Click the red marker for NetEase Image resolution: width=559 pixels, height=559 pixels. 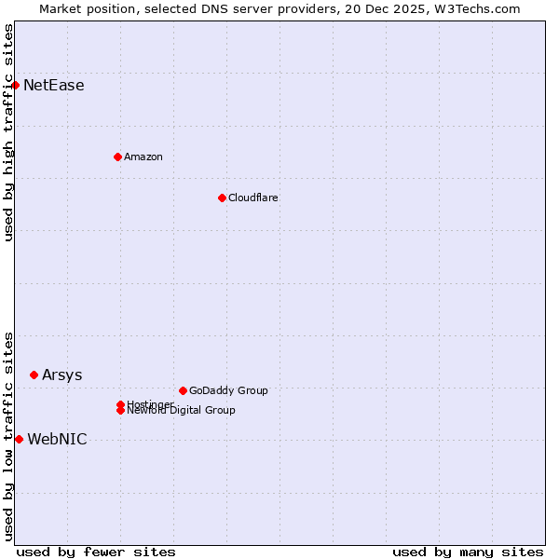[15, 86]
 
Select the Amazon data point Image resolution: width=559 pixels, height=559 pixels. [117, 157]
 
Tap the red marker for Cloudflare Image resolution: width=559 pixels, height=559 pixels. [222, 198]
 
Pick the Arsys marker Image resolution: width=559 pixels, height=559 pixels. [34, 375]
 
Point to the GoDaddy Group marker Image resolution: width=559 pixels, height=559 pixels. [183, 390]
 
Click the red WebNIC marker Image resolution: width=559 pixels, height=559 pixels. [19, 439]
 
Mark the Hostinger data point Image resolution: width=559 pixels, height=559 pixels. [120, 404]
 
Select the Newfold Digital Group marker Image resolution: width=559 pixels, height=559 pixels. [120, 411]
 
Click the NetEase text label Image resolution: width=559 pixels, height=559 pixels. [53, 86]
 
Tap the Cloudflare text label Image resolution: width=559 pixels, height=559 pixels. [252, 198]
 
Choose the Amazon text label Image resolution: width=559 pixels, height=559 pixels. [143, 157]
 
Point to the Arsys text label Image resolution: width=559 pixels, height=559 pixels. [61, 375]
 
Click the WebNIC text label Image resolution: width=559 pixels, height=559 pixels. [57, 440]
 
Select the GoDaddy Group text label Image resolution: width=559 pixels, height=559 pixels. [228, 390]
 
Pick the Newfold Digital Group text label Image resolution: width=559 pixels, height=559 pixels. [181, 411]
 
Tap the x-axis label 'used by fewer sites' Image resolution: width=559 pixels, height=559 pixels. [96, 552]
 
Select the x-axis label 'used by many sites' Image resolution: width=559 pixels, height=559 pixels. [468, 552]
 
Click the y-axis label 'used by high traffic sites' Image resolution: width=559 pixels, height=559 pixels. [8, 132]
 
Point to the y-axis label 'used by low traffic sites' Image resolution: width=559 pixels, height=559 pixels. [8, 436]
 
